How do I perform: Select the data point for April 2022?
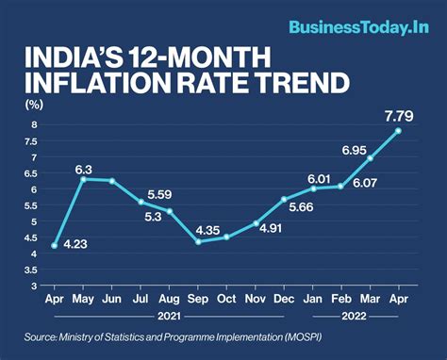(398, 131)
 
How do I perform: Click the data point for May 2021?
(84, 179)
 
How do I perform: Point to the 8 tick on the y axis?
(34, 124)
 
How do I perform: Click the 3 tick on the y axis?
(34, 286)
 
